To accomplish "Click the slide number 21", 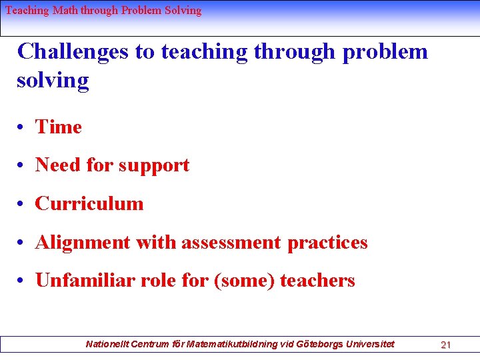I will [446, 345].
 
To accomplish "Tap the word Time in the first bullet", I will [59, 127].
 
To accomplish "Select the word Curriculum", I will [89, 203].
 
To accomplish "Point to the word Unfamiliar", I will [86, 281].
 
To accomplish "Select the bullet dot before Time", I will [22, 127].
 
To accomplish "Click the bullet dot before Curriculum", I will [22, 204].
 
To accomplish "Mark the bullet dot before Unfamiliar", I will [22, 281].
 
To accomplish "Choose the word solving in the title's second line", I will [53, 81].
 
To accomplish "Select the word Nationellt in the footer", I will [107, 344].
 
